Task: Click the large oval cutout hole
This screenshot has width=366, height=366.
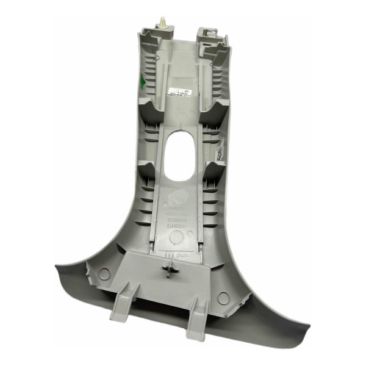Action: pos(182,156)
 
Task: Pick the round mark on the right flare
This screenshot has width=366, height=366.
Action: pos(224,298)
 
